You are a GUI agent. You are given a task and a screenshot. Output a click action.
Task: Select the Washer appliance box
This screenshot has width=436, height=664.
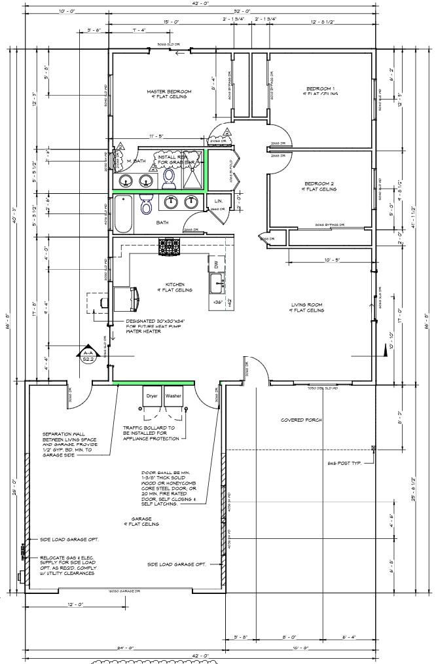174,397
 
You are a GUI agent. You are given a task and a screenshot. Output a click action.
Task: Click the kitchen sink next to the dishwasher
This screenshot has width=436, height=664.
217,284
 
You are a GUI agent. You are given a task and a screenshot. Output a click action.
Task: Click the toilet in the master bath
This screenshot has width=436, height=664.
168,177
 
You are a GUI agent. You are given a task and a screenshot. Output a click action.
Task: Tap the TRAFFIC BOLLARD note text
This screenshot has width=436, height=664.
153,433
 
